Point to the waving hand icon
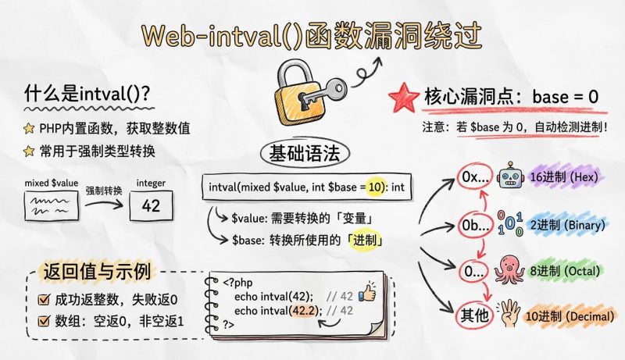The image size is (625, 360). pos(512,315)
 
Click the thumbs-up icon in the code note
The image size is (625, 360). pos(367,294)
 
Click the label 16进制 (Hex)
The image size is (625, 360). pos(563,177)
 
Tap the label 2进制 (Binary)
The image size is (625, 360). pos(566,224)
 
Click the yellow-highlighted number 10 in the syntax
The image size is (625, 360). pos(375,187)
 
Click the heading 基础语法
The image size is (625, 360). pos(304,152)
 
